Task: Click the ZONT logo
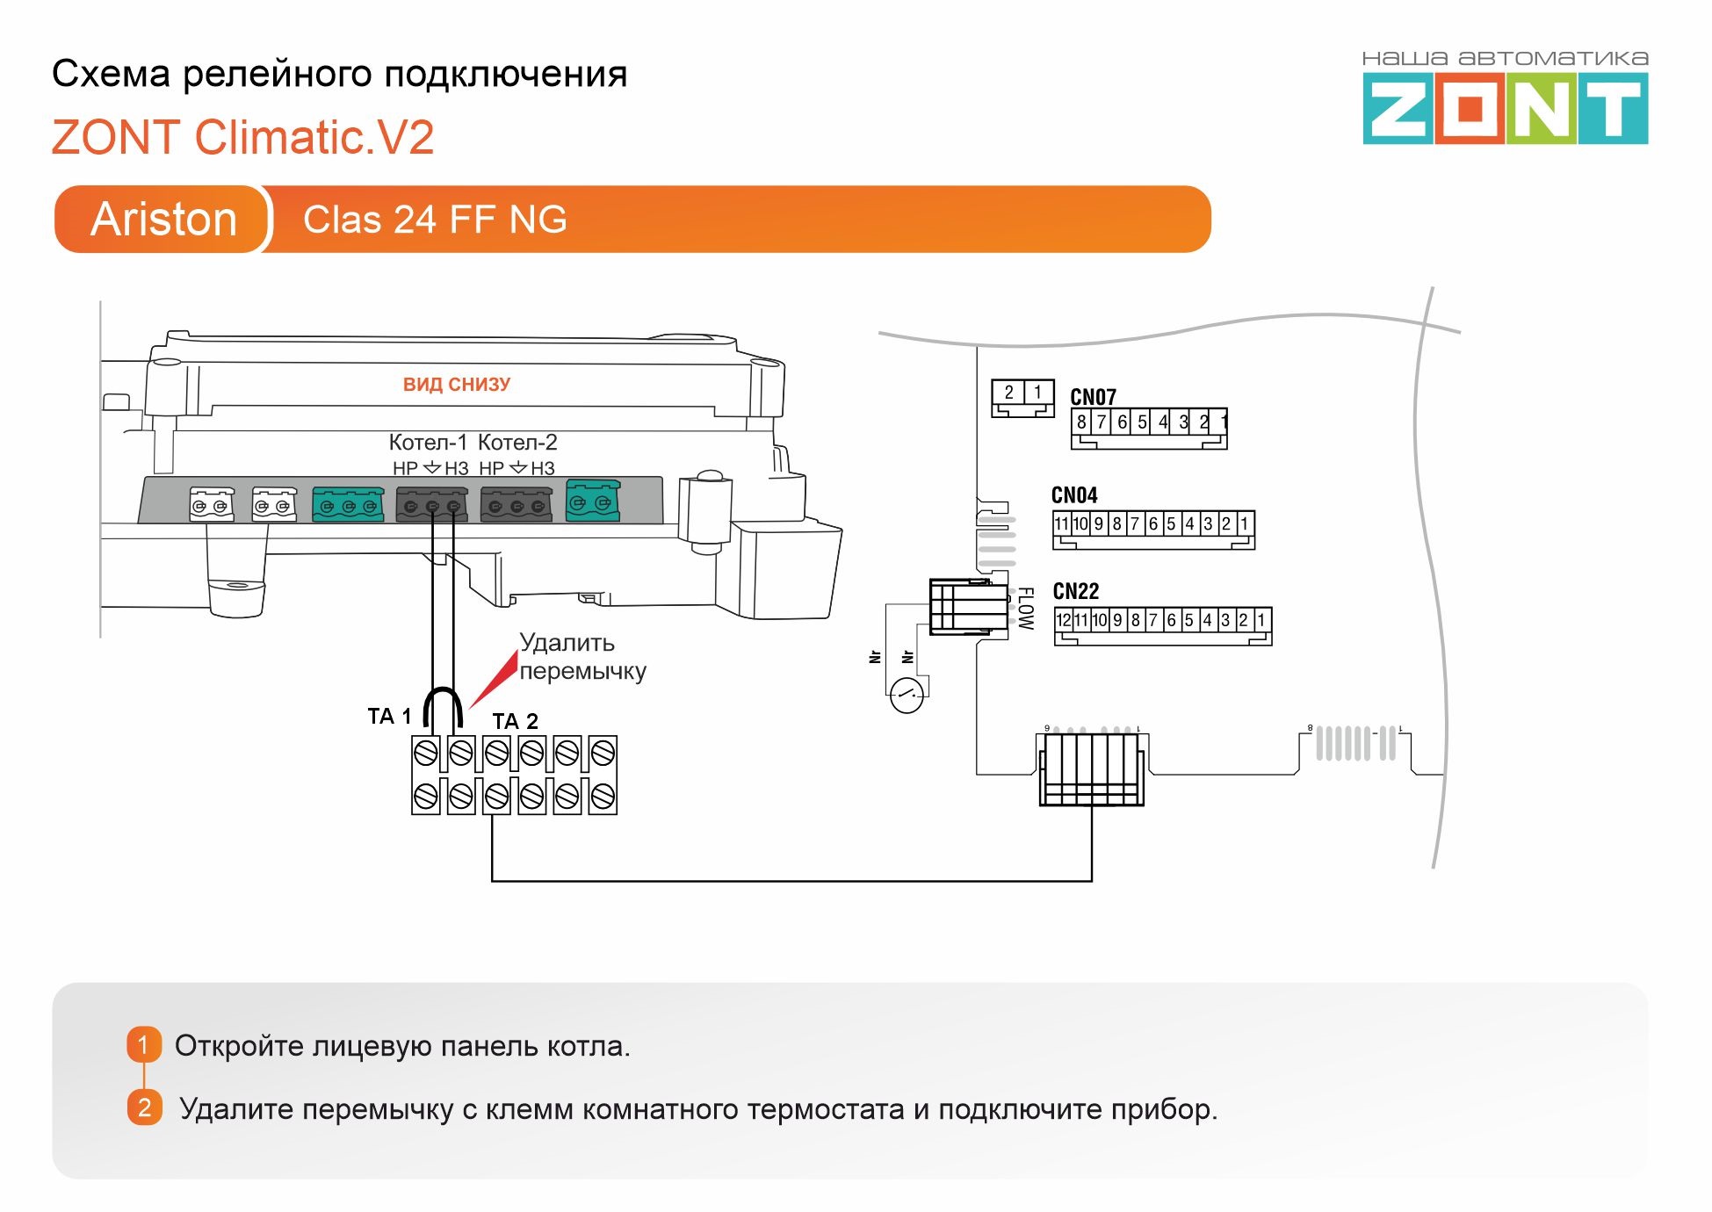coord(1505,108)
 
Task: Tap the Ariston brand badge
coord(163,219)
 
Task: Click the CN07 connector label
coord(1093,397)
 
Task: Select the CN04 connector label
coord(1074,495)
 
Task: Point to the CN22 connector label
coord(1076,591)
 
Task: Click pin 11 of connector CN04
coord(1061,524)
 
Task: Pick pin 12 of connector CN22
coord(1063,620)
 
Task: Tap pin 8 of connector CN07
coord(1081,422)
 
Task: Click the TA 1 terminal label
coord(389,716)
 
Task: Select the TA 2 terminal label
coord(515,721)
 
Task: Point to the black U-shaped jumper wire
coord(443,703)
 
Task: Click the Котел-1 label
coord(428,442)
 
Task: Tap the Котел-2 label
coord(517,442)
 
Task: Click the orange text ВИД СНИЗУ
coord(456,384)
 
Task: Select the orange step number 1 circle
coord(144,1045)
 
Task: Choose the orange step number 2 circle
coord(144,1107)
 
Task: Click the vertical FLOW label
coord(1025,608)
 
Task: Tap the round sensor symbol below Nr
coord(907,696)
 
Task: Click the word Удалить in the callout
coord(567,643)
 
